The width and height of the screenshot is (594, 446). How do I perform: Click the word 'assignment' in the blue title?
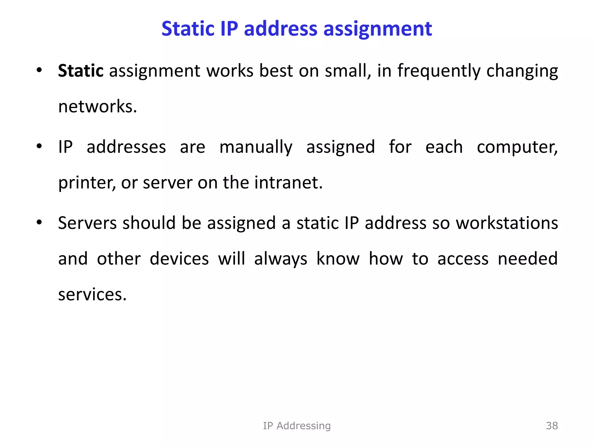(378, 29)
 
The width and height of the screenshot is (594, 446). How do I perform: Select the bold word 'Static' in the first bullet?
(81, 71)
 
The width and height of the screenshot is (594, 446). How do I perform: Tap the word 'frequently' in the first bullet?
(439, 71)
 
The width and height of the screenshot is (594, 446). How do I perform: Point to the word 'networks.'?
(97, 107)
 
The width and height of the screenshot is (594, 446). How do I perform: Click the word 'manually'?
(256, 147)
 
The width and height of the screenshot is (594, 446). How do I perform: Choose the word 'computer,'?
(517, 147)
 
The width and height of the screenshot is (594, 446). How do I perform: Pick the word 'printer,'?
(87, 183)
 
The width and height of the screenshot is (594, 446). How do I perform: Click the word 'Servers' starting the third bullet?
(87, 223)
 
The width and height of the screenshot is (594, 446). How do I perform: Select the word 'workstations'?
(507, 223)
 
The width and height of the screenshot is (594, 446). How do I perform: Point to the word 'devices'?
(179, 259)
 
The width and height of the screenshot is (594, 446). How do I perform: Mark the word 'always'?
(280, 259)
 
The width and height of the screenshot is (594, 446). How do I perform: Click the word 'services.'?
(92, 294)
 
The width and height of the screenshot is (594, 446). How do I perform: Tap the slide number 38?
(552, 426)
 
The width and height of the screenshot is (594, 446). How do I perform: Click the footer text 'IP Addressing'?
(297, 426)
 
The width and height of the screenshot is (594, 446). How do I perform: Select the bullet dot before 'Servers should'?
(39, 223)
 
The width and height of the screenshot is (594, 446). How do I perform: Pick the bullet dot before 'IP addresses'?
(39, 146)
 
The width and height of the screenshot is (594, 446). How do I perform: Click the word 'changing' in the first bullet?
(522, 71)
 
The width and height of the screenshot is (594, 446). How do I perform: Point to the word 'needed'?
(528, 259)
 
